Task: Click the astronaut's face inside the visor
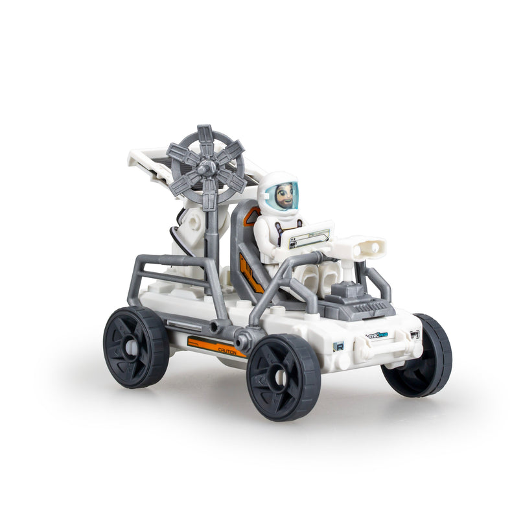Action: [x=285, y=195]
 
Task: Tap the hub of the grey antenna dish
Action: [x=205, y=169]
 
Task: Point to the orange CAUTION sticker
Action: [x=216, y=347]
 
